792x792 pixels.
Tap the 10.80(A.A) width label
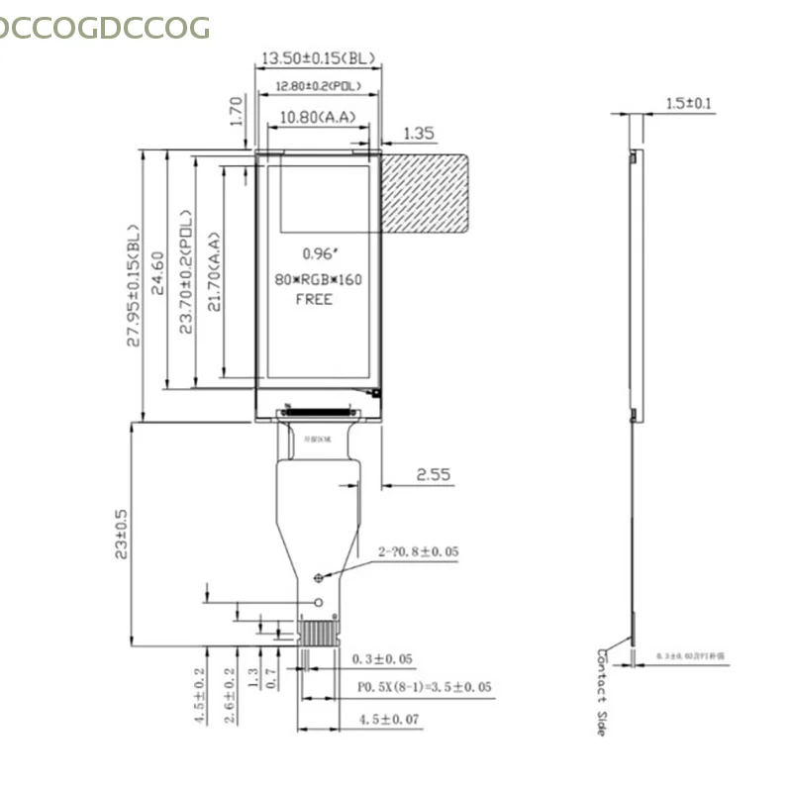point(318,119)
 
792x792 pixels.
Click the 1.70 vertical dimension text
point(237,110)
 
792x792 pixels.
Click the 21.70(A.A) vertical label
point(214,271)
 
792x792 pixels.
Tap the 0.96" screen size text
point(318,253)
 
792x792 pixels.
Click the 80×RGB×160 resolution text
point(318,279)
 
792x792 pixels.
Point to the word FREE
point(315,299)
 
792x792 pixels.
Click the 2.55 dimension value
point(433,475)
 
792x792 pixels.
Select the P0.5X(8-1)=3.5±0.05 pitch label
point(423,687)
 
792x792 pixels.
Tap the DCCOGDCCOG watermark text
point(104,27)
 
